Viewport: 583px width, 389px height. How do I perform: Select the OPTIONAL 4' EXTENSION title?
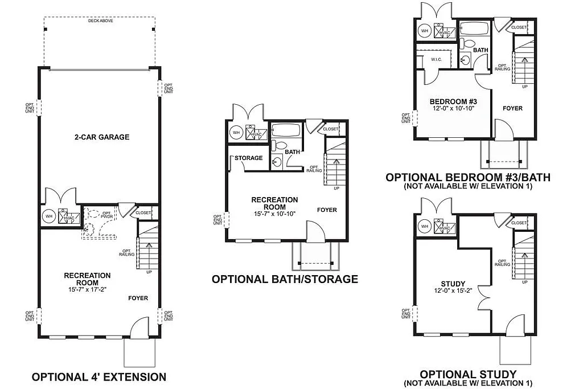tap(99, 377)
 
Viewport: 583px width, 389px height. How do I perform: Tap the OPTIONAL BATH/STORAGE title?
tap(285, 279)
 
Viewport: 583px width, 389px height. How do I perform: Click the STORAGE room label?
tap(249, 158)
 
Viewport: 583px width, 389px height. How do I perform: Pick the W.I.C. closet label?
tap(437, 59)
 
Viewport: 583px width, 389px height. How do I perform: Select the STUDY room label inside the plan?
tap(453, 284)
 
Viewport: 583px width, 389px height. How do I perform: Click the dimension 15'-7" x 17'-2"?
tap(87, 289)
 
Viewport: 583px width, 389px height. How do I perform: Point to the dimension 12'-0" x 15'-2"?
tap(453, 290)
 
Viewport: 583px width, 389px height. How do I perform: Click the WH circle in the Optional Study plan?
tap(424, 227)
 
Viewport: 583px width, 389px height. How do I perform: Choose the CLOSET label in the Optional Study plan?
tap(519, 223)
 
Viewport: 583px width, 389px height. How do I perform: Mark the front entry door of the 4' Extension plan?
tap(139, 330)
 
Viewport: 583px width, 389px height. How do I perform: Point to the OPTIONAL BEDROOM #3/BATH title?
tap(468, 178)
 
